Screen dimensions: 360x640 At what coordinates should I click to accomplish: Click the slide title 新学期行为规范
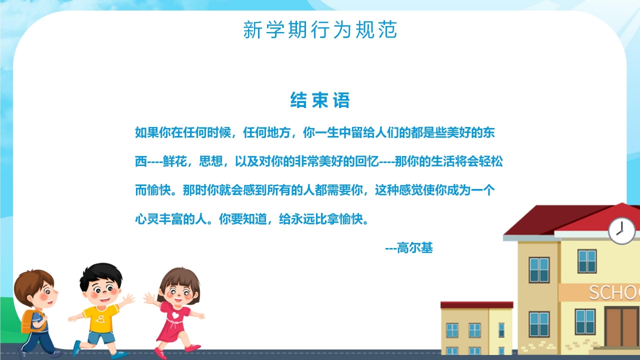[320, 30]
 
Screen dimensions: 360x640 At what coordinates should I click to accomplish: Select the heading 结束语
[320, 101]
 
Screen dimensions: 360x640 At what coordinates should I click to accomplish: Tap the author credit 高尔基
[415, 248]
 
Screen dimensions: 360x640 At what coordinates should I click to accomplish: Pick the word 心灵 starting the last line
[147, 219]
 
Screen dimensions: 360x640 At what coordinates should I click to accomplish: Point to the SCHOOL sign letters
[614, 292]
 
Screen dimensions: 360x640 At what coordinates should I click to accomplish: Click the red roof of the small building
[476, 304]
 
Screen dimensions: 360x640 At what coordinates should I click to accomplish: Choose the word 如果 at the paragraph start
[147, 133]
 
